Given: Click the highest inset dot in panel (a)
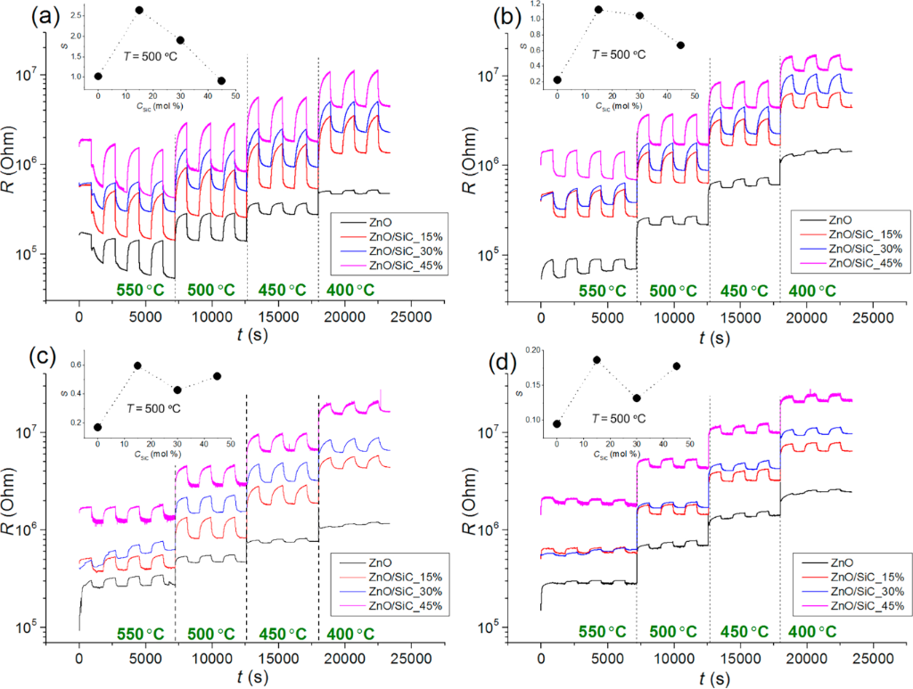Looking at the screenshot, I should click(x=139, y=10).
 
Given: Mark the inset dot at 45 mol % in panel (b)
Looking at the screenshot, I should click(x=680, y=45).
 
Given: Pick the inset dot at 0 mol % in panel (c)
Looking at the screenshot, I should click(x=97, y=427).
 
